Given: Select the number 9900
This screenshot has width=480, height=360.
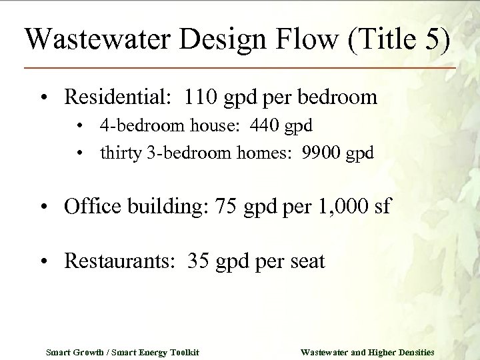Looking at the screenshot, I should [x=321, y=152].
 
